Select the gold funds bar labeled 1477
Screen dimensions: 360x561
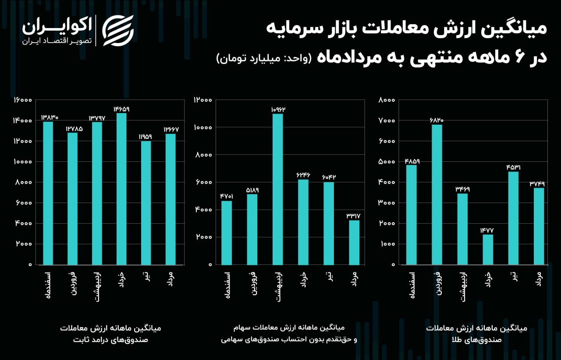487,250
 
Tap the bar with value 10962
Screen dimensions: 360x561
277,189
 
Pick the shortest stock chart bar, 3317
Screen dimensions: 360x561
354,242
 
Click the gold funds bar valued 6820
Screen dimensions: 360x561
437,195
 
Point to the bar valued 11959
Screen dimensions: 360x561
146,203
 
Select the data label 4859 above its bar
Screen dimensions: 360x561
412,161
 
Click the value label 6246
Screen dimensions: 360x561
303,175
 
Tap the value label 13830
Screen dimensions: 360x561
50,118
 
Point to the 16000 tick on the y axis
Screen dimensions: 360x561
22,100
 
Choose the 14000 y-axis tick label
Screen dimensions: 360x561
22,121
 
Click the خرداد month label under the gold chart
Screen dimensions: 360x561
488,282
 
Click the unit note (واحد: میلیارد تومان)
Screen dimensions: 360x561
263,58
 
